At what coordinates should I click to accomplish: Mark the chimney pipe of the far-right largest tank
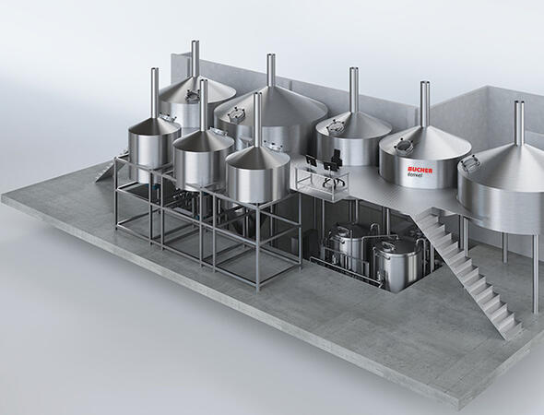click(x=519, y=123)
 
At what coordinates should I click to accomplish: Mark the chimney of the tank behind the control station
click(x=354, y=91)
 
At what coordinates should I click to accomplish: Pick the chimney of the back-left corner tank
click(x=195, y=59)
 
